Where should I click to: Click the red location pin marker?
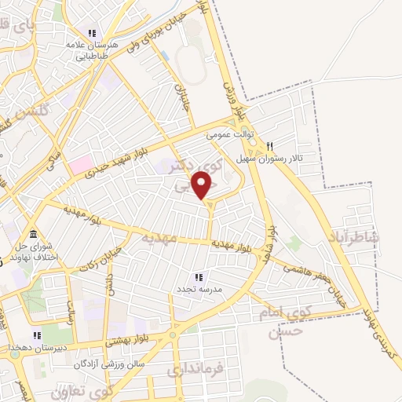coord(203,185)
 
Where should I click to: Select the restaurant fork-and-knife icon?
coord(269,145)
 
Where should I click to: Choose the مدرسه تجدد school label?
coord(198,289)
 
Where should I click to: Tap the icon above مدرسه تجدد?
coord(198,277)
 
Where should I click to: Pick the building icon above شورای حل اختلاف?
coord(33,235)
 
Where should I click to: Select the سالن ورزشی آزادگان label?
coord(119,364)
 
